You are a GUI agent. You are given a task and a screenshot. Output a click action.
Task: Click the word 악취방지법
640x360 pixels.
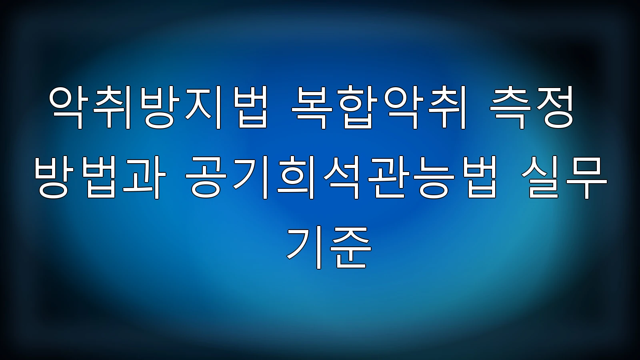pos(158,108)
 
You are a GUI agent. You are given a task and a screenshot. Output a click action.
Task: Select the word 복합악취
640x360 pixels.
pos(378,108)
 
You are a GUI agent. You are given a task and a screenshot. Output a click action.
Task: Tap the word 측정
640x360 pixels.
pos(532,108)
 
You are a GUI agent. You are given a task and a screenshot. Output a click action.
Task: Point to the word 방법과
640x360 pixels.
pos(100,177)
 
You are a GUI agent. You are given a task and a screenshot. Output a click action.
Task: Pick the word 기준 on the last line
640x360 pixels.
pos(329,247)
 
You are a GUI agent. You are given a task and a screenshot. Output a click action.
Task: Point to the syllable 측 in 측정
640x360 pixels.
pos(510,108)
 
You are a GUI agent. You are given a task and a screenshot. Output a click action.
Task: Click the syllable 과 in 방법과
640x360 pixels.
pos(145,177)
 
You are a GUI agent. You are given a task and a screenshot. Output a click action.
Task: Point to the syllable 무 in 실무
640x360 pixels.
pos(586,177)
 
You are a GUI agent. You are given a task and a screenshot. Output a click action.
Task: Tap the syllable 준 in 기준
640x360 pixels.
pos(350,247)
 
